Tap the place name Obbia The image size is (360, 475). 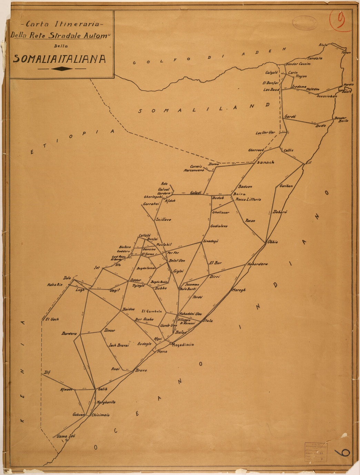(x=272, y=242)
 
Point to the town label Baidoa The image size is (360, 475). (x=128, y=309)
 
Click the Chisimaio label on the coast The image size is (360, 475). (x=101, y=415)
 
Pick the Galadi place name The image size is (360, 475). (x=196, y=193)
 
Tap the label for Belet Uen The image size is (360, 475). (x=177, y=261)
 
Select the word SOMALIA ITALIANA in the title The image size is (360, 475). (x=59, y=59)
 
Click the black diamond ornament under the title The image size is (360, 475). (x=62, y=69)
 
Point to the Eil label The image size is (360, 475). (x=308, y=162)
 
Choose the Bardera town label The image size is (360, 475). (x=69, y=334)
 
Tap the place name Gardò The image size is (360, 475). (x=290, y=117)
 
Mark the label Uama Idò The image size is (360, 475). (x=66, y=436)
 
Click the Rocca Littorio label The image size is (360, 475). (x=248, y=200)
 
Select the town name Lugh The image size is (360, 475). (x=80, y=290)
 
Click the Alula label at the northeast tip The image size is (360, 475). (x=323, y=45)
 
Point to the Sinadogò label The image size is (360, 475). (x=211, y=241)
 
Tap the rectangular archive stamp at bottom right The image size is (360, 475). (x=316, y=452)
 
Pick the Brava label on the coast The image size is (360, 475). (x=141, y=370)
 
